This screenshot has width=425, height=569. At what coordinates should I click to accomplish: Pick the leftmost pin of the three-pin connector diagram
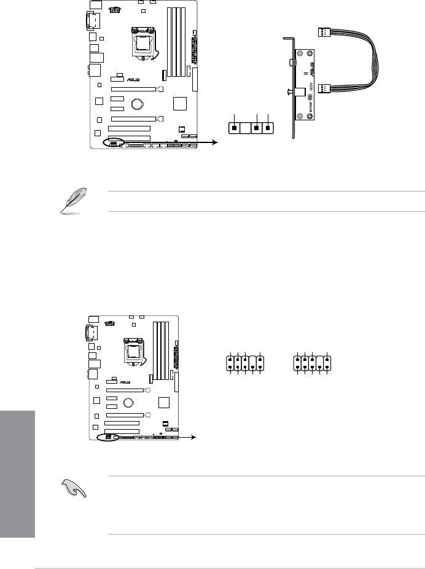click(x=235, y=128)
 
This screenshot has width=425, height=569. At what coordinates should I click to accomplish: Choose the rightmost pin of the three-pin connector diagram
click(x=268, y=128)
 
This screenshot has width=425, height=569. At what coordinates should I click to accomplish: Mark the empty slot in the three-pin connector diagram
click(x=246, y=128)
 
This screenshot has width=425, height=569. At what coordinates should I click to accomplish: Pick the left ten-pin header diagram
click(x=245, y=362)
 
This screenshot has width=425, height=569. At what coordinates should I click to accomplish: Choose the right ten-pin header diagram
click(x=313, y=362)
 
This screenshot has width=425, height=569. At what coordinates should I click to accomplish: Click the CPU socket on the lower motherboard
click(x=132, y=350)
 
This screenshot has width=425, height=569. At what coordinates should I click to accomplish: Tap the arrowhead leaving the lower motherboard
click(x=195, y=438)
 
